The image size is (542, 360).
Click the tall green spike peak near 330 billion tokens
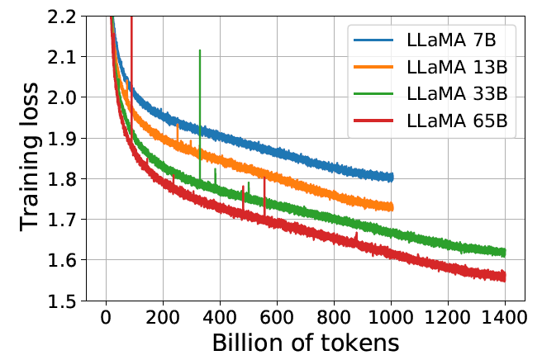point(200,50)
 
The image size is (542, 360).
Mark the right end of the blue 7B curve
point(392,177)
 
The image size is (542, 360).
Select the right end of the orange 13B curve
point(392,207)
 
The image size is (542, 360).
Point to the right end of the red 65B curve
point(504,277)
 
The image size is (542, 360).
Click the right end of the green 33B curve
point(504,253)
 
